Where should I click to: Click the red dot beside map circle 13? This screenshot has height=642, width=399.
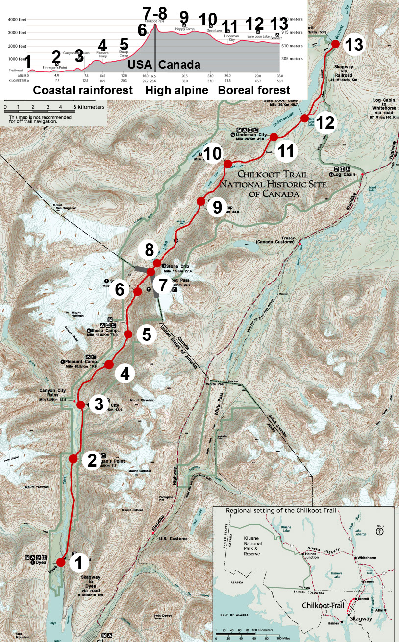[335, 44]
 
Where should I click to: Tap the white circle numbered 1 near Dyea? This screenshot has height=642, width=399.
[78, 563]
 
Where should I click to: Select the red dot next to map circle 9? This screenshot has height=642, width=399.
[200, 201]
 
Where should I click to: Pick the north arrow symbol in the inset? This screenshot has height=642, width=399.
[380, 530]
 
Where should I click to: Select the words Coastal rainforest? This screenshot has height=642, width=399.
[83, 91]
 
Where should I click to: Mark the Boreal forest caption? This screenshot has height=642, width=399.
[254, 91]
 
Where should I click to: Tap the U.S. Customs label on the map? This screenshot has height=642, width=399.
[174, 539]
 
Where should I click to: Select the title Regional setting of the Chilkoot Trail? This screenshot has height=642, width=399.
[281, 511]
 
